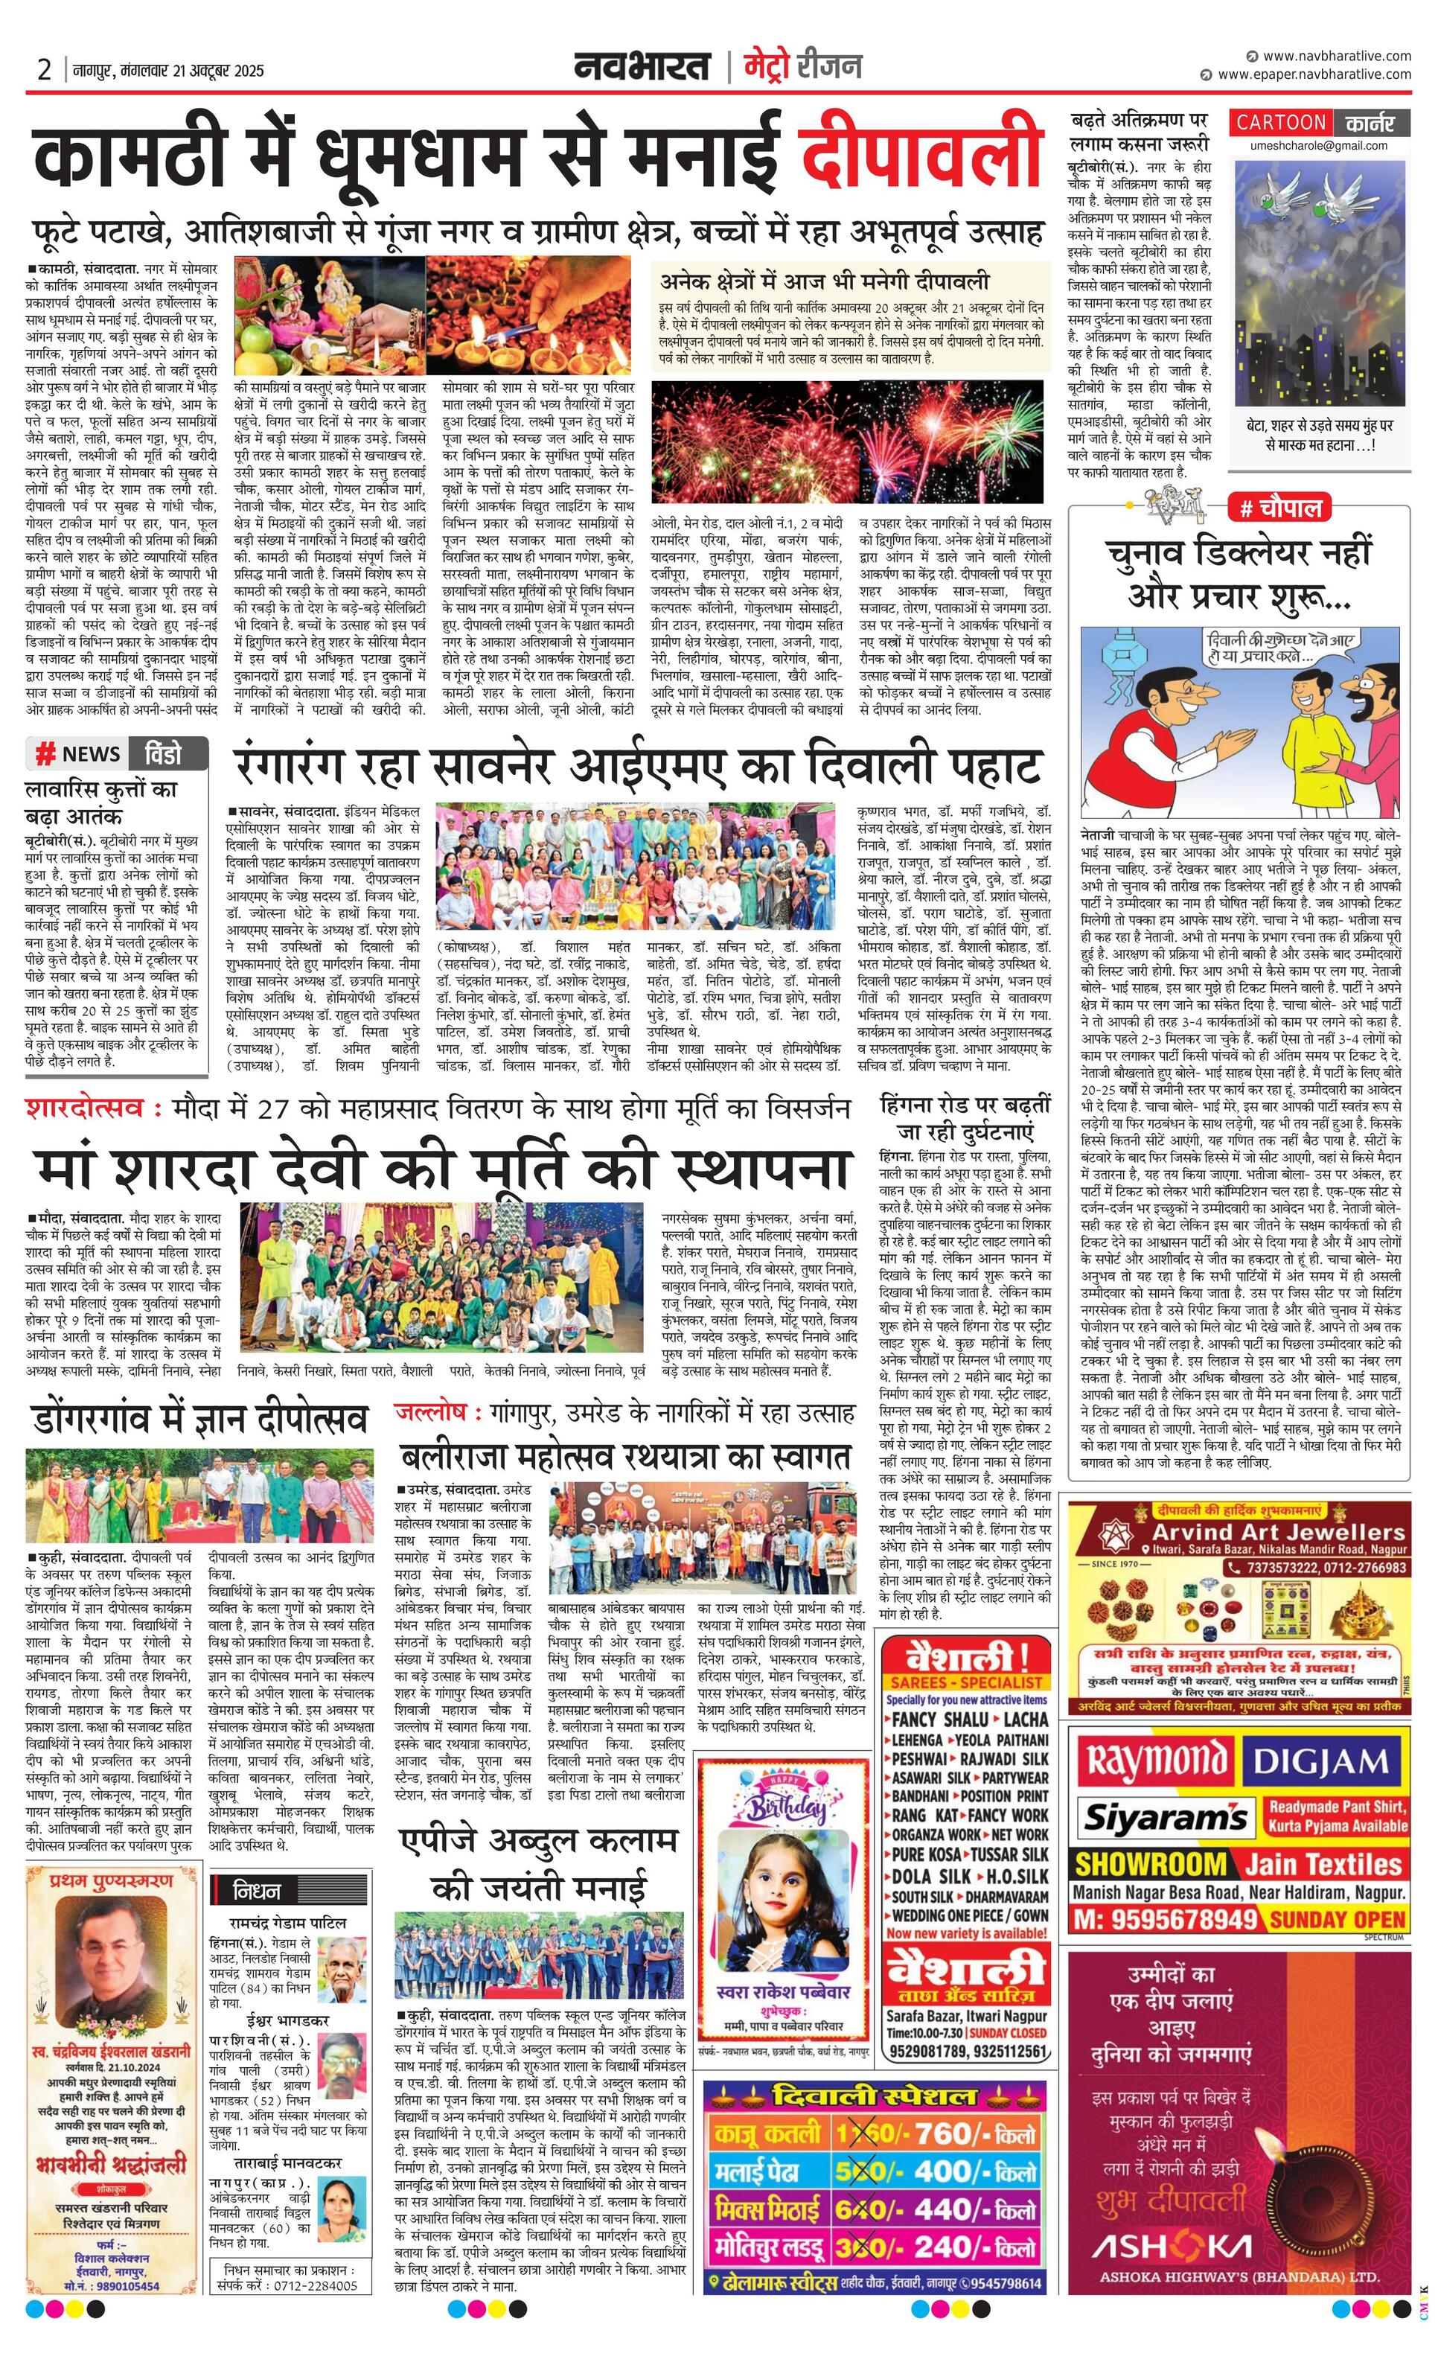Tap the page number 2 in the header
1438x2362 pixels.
[44, 70]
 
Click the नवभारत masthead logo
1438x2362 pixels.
[642, 67]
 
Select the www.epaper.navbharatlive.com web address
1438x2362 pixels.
[1314, 74]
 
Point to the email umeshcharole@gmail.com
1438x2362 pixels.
[1318, 146]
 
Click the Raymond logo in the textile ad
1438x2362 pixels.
[1155, 1761]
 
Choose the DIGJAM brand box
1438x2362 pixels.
[1321, 1762]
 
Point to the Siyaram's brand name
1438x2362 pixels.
[1165, 1816]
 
